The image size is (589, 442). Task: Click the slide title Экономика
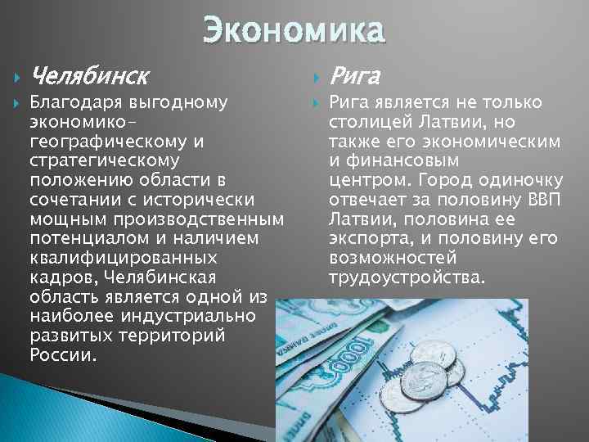click(x=293, y=31)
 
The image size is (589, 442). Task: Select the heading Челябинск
click(x=89, y=77)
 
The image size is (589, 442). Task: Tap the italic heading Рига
click(x=355, y=77)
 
